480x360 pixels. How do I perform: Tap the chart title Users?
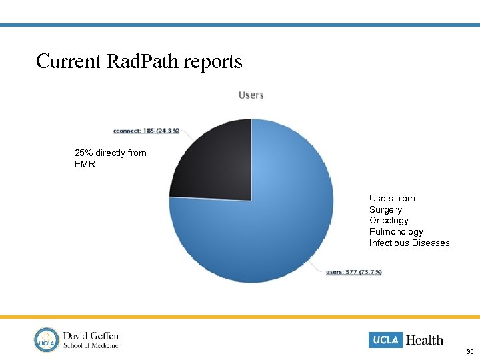pyautogui.click(x=251, y=95)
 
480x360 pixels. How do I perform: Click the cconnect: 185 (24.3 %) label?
pyautogui.click(x=147, y=131)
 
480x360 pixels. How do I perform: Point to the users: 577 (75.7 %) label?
pyautogui.click(x=354, y=272)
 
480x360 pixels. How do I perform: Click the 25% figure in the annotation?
pyautogui.click(x=83, y=153)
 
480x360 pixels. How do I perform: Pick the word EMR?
pyautogui.click(x=85, y=164)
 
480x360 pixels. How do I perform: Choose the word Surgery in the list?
pyautogui.click(x=386, y=209)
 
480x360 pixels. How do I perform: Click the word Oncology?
pyautogui.click(x=389, y=221)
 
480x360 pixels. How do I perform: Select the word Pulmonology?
pyautogui.click(x=396, y=232)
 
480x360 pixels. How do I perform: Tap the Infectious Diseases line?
pyautogui.click(x=409, y=243)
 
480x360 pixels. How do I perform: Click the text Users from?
pyautogui.click(x=393, y=198)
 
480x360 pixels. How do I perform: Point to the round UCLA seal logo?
pyautogui.click(x=47, y=339)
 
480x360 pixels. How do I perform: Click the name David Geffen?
pyautogui.click(x=91, y=335)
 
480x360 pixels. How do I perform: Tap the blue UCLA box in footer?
pyautogui.click(x=385, y=340)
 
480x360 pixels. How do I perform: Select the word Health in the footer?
pyautogui.click(x=425, y=340)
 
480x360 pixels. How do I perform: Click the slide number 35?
pyautogui.click(x=470, y=351)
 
